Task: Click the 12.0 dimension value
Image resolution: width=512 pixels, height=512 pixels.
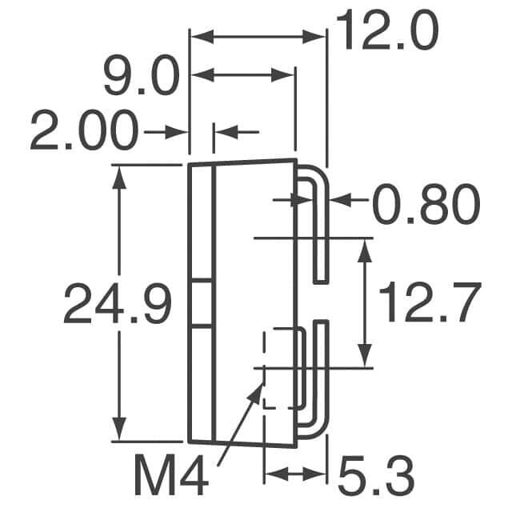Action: (387, 30)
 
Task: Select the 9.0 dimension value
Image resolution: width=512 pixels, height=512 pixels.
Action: (142, 76)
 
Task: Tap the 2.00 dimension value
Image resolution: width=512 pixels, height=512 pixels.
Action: (85, 130)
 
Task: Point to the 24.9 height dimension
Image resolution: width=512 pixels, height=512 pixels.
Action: (118, 303)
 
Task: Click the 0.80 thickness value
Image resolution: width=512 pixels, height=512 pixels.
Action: (426, 204)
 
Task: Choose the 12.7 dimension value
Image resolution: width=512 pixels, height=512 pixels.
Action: (430, 302)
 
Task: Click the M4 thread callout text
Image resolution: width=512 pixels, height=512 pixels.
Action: (172, 474)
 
